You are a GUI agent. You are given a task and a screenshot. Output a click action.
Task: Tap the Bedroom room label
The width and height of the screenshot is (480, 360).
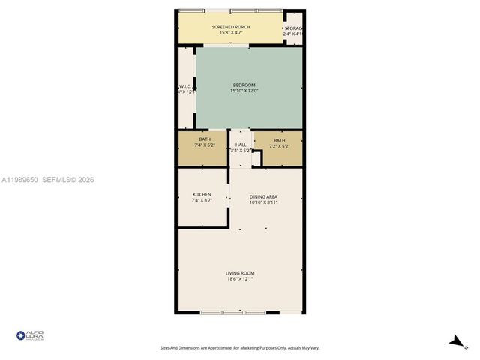244,85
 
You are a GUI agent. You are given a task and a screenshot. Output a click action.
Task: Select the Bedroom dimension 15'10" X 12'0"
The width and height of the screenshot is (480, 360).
244,91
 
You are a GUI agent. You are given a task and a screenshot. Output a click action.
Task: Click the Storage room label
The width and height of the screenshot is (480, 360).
294,28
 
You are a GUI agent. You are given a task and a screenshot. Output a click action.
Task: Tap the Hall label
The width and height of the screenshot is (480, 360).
241,145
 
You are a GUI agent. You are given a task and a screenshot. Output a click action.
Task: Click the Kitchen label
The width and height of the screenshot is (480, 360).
202,195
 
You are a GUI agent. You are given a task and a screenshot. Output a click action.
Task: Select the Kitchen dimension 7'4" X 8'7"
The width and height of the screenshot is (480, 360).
202,201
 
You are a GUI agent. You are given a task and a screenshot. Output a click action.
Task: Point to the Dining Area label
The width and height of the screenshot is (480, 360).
263,196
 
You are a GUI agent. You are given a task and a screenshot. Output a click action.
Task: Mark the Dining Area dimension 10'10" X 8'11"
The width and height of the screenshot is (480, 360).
263,202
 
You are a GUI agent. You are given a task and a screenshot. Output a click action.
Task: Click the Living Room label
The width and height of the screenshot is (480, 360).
241,272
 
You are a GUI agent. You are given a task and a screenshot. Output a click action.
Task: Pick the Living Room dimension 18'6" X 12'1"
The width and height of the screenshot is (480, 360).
241,279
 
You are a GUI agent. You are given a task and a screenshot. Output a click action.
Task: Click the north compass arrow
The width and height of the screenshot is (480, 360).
454,340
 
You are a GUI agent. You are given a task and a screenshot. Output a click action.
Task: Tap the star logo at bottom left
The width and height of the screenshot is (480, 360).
20,334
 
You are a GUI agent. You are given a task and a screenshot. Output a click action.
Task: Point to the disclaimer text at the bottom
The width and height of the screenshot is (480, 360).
239,347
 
